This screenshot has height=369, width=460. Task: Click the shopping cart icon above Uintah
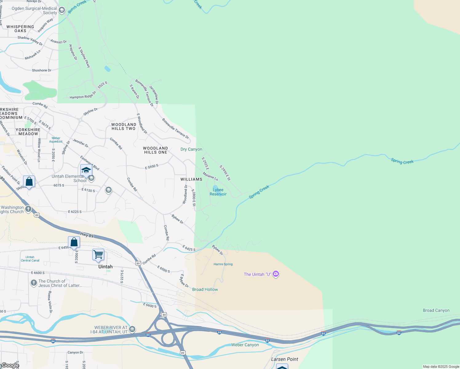click(x=98, y=255)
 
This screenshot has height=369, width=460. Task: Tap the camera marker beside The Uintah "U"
click(x=276, y=274)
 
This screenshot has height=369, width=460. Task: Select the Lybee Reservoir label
click(x=218, y=192)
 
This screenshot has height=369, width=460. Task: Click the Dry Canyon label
click(x=191, y=149)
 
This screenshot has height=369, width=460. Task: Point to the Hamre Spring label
click(x=223, y=264)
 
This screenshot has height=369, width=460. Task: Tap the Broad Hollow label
click(x=205, y=289)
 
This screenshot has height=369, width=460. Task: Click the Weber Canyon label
click(x=245, y=345)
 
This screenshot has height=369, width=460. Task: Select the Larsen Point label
click(x=284, y=359)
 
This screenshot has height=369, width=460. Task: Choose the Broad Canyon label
click(x=436, y=310)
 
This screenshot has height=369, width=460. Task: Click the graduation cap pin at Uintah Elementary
click(x=86, y=170)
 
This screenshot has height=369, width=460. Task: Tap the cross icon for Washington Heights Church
click(x=28, y=209)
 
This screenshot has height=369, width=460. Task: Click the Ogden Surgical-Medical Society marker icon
click(x=62, y=10)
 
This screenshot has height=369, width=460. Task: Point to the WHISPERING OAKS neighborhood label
click(x=20, y=29)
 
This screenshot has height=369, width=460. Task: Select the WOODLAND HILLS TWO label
click(x=124, y=126)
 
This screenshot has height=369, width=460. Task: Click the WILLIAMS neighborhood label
click(x=191, y=179)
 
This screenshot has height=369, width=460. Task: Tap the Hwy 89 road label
click(x=87, y=235)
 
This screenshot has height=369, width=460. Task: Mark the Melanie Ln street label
click(x=210, y=177)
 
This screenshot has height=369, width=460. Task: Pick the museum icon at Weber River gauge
click(x=132, y=329)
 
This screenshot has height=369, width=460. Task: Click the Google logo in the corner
click(x=10, y=365)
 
